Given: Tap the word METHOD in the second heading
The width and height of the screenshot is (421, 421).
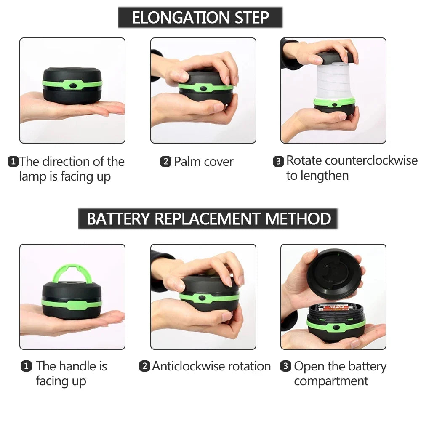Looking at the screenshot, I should point(298,219).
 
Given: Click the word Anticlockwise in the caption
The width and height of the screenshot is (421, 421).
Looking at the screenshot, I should point(194,366).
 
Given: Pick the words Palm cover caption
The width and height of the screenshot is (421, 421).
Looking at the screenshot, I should point(204,162).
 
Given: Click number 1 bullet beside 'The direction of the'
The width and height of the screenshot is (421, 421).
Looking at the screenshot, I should point(13,162).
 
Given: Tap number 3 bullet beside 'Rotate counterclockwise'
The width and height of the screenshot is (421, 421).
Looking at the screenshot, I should point(278,161).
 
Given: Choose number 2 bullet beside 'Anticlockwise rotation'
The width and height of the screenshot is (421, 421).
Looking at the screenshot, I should point(145,367).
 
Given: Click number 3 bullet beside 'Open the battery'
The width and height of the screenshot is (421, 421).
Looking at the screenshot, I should point(286,367).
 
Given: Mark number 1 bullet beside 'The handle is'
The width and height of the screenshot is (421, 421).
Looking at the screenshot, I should point(26,367).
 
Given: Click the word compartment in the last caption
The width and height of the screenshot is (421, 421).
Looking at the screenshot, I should point(331,381).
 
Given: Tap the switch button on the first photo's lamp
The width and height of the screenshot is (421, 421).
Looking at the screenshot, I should point(74,85).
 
